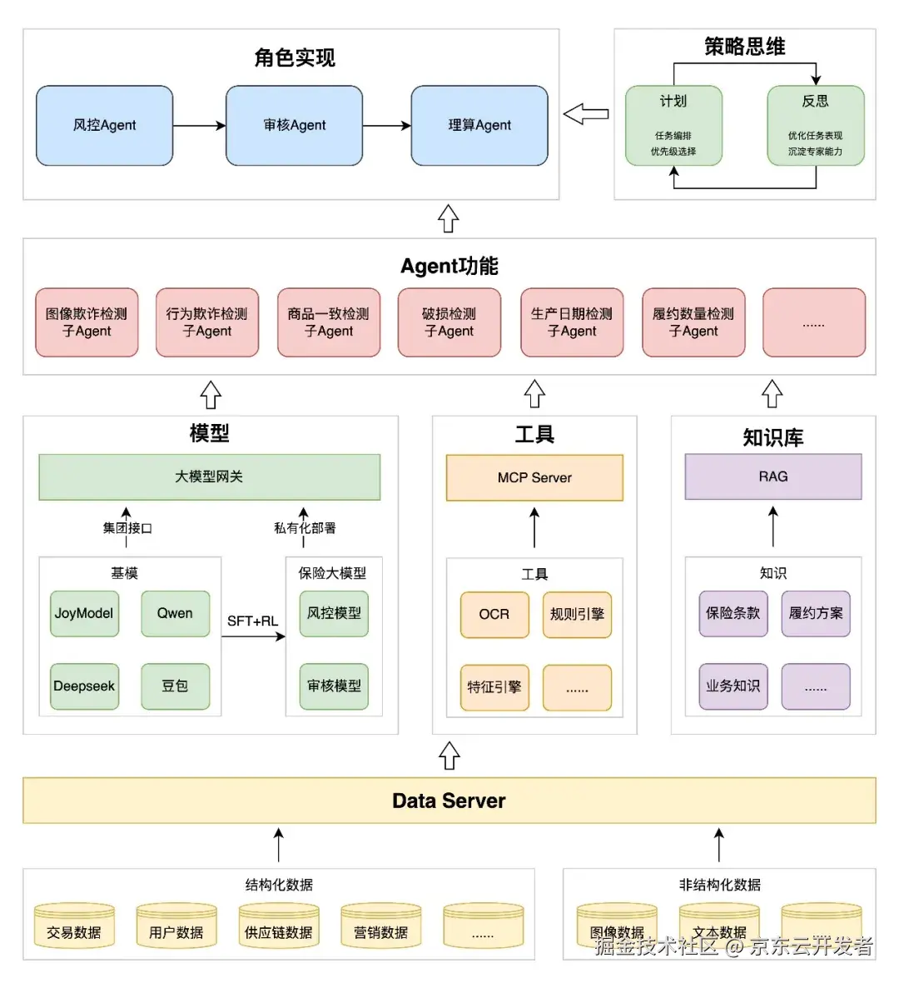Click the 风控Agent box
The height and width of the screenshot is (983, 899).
click(x=104, y=125)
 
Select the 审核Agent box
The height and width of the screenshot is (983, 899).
click(x=294, y=125)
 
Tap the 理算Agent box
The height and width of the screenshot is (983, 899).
click(x=479, y=125)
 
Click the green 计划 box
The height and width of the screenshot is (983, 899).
click(x=673, y=125)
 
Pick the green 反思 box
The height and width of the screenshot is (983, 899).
click(x=815, y=125)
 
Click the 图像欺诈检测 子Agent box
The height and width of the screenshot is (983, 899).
click(x=87, y=322)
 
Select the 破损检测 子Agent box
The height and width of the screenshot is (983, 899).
click(x=449, y=322)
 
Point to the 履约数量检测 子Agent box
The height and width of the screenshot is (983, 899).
click(x=693, y=322)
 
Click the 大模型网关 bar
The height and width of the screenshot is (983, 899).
click(x=209, y=477)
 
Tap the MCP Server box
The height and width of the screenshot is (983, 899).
click(x=534, y=477)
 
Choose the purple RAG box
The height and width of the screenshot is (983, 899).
click(x=772, y=477)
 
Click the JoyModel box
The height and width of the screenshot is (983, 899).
click(x=84, y=613)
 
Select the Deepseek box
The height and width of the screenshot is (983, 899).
click(x=84, y=686)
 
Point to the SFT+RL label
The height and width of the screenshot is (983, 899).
click(x=252, y=621)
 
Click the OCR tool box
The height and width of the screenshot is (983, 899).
click(x=494, y=615)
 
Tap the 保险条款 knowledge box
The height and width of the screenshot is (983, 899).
click(x=733, y=613)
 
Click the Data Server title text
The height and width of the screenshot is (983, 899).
click(x=449, y=801)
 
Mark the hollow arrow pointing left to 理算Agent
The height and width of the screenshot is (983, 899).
click(x=586, y=114)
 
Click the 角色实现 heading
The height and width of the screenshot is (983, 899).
click(x=295, y=57)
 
